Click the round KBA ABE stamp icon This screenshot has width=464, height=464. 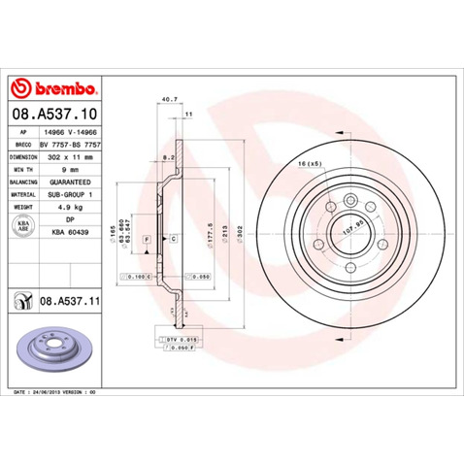coord(22,226)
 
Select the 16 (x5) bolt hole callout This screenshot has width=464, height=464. coord(311,165)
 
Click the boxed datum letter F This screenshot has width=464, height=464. coord(147,238)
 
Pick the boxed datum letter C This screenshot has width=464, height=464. coord(174,238)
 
